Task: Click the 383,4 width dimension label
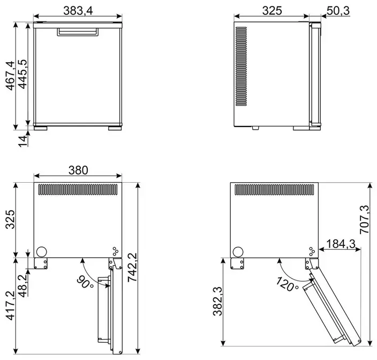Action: point(78,11)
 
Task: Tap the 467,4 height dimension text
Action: point(10,76)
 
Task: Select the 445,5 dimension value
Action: point(23,74)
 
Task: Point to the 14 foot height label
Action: point(23,141)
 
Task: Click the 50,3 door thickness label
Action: point(338,11)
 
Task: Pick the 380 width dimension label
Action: point(78,170)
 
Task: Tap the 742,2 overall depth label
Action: point(132,267)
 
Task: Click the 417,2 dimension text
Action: point(10,306)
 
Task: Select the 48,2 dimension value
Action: point(23,286)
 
